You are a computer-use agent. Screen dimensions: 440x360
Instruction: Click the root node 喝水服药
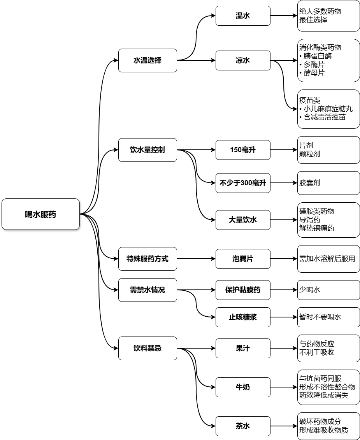[40, 214]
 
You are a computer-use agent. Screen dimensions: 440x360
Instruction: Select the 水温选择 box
[148, 60]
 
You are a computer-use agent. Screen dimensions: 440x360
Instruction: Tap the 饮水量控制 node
[148, 150]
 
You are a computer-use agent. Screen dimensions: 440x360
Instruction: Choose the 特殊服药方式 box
[148, 259]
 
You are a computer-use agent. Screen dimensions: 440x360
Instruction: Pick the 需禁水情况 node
[148, 290]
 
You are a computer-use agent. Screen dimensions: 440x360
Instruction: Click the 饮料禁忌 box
[148, 348]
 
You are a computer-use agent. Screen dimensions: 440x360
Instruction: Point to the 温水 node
[243, 16]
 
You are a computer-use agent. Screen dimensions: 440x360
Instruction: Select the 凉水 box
[243, 60]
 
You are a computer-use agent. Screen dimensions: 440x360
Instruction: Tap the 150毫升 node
[243, 150]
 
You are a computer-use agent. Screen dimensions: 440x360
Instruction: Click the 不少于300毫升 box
[243, 183]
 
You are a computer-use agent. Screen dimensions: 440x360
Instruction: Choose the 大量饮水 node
[243, 220]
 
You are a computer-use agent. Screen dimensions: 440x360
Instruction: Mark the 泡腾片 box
[243, 259]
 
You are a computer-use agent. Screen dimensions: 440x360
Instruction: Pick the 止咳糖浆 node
[243, 317]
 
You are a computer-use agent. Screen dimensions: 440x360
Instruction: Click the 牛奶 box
[243, 387]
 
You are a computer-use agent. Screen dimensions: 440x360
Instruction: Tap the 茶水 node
[243, 426]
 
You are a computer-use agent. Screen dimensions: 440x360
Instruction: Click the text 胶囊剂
[310, 183]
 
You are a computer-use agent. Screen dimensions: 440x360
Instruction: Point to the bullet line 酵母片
[313, 73]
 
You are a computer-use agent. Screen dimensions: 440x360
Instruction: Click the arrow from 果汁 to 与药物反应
[283, 348]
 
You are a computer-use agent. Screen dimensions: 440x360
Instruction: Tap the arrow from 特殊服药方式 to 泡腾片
[196, 259]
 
